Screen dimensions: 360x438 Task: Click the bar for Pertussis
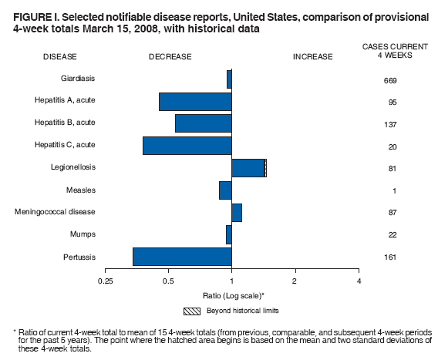(182, 256)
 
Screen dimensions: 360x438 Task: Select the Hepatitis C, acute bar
(187, 145)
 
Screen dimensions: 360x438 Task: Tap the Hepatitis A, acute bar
(195, 102)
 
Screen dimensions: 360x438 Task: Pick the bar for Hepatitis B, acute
(204, 123)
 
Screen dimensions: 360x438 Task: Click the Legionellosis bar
(248, 168)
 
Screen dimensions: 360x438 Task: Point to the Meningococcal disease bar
(237, 213)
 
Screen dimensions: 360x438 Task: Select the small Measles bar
(225, 190)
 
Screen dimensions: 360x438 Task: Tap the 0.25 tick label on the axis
(106, 281)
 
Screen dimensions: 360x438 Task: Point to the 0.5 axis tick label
(169, 281)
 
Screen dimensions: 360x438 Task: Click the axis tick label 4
(359, 281)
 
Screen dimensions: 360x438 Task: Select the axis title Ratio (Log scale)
(232, 295)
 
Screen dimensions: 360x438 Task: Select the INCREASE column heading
(312, 56)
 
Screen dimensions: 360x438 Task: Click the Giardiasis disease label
(78, 79)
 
